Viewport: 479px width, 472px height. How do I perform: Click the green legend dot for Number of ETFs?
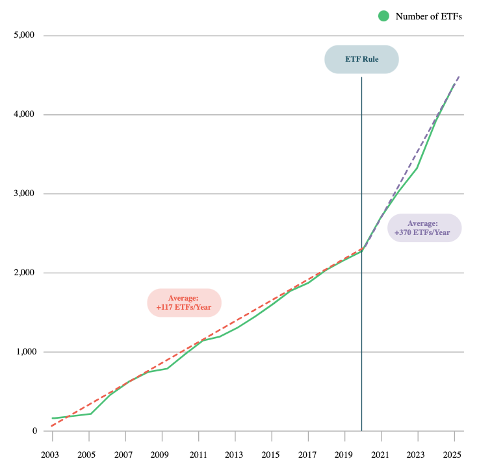(384, 16)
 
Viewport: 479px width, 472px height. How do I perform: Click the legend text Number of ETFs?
(428, 17)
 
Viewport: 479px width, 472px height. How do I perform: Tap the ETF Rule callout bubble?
(361, 59)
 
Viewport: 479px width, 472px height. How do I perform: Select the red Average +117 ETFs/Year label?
(185, 303)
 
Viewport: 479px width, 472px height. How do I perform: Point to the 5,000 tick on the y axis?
(24, 36)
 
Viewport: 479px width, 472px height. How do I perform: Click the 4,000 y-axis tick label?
(24, 115)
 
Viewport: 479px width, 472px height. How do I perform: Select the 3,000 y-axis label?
(24, 194)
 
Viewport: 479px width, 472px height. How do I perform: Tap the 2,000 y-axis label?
(24, 273)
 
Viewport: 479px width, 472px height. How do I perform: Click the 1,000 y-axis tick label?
(24, 353)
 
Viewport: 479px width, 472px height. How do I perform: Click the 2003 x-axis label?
(51, 454)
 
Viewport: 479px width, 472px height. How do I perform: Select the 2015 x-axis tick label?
(271, 454)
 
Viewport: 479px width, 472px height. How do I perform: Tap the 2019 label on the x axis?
(343, 454)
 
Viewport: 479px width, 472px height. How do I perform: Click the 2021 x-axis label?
(381, 454)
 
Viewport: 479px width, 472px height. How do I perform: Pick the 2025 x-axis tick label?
(454, 454)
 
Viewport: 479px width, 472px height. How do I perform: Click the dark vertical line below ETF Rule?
(361, 260)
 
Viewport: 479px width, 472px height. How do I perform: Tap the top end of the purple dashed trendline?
(459, 76)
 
